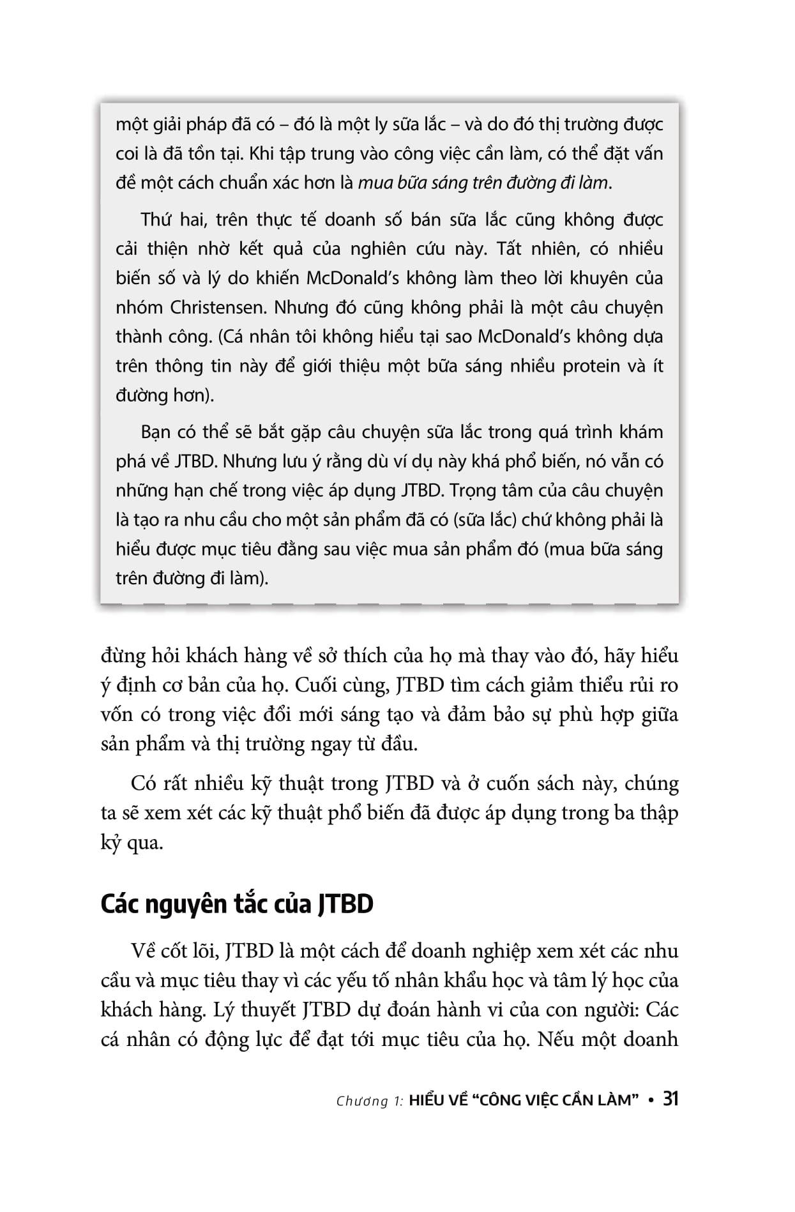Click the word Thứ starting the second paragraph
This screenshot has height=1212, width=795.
tap(157, 220)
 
